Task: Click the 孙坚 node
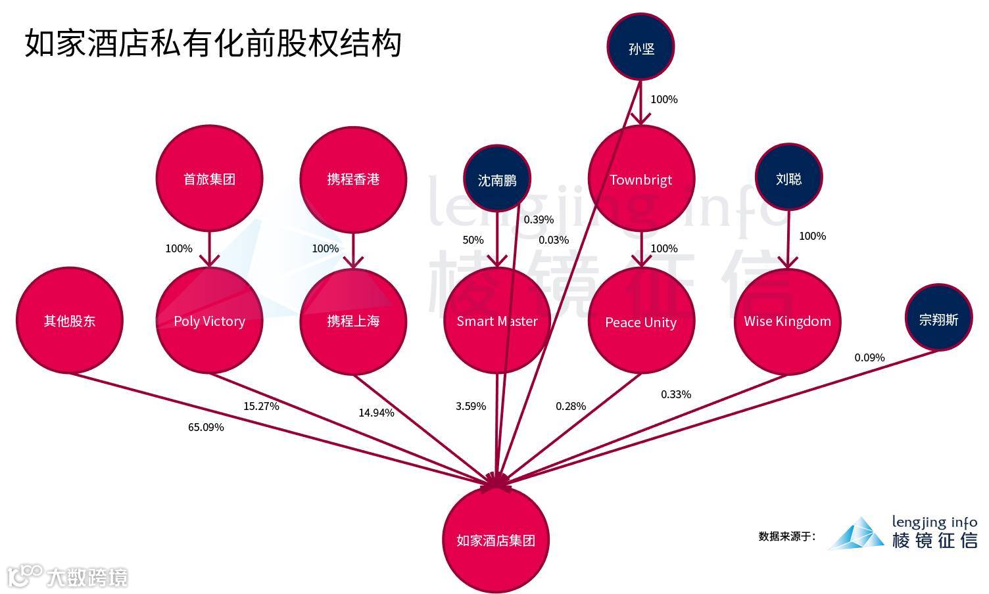(640, 48)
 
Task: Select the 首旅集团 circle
(209, 179)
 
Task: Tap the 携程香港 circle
(353, 179)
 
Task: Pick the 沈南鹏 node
(497, 179)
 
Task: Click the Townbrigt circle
(641, 179)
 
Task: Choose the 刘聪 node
(788, 178)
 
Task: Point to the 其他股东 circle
(70, 321)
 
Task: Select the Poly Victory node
(209, 321)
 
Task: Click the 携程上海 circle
(353, 321)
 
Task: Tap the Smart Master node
(497, 321)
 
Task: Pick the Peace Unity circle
(641, 321)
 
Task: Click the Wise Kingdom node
(787, 321)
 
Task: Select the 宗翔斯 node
(938, 319)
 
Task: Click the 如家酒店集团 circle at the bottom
(496, 540)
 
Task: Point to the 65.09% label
(206, 427)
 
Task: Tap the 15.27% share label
(261, 406)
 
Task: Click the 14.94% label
(376, 413)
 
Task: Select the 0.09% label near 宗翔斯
(869, 357)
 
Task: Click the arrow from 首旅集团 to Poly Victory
(209, 250)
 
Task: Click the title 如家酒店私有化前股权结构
(213, 43)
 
